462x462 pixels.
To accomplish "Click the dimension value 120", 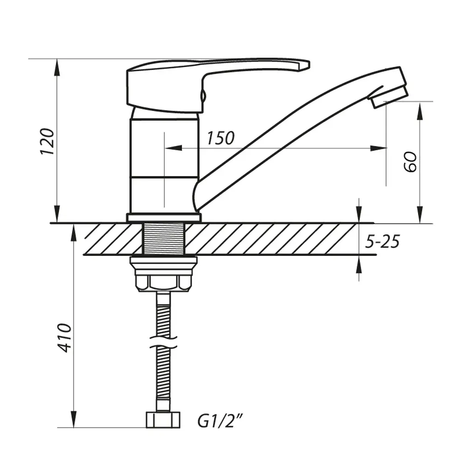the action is click(x=48, y=141).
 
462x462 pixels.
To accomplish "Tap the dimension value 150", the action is click(x=220, y=138).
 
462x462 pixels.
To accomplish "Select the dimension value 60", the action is click(x=410, y=162).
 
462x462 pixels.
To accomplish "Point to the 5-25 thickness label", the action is click(x=382, y=242).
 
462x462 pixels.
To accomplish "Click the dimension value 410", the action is click(x=65, y=338).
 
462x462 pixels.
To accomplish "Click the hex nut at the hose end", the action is click(x=163, y=420).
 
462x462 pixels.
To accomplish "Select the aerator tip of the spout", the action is click(x=389, y=97).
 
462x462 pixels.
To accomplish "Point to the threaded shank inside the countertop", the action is click(x=163, y=239).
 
